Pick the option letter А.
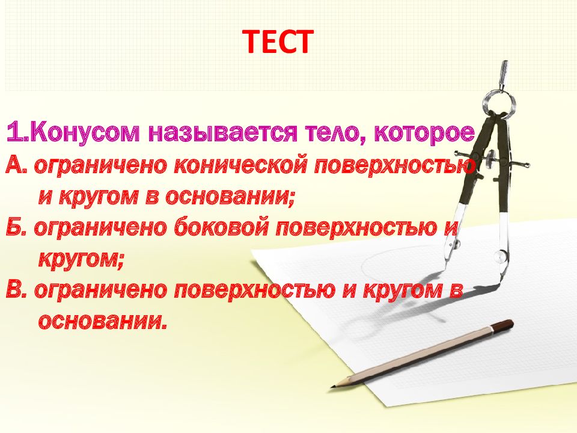tap(16, 165)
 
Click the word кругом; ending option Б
tap(82, 259)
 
